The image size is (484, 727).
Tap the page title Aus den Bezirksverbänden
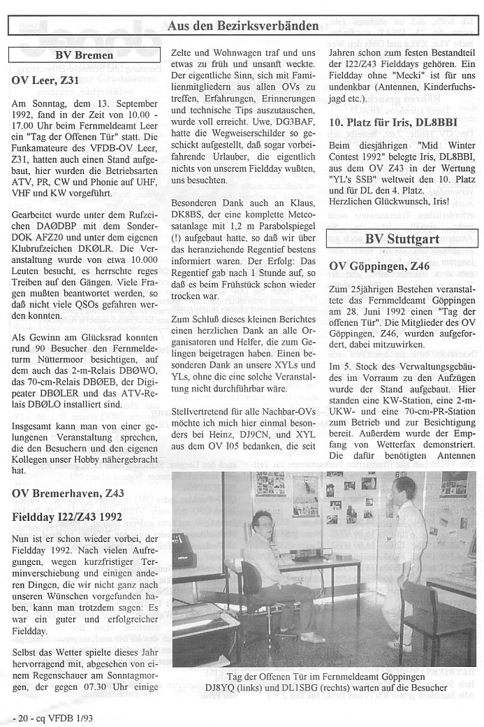pos(243,26)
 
